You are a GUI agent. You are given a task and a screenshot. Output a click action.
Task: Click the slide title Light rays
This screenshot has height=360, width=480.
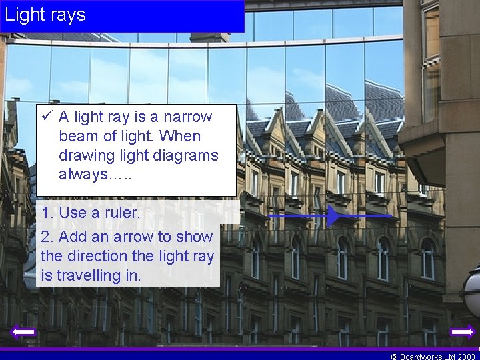coord(45,14)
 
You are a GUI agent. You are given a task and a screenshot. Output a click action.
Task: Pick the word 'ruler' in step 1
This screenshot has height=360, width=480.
coord(121,213)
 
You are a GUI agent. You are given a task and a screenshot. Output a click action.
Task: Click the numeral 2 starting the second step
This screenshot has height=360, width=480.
coord(45,237)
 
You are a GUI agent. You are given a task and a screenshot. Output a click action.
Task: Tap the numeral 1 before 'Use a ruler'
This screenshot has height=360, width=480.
coord(45,213)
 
